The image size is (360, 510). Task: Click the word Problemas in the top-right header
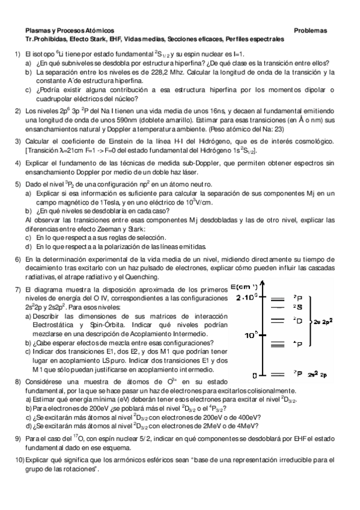[x=310, y=30]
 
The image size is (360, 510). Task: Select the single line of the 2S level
[x=277, y=307]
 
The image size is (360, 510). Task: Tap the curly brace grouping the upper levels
[x=310, y=322]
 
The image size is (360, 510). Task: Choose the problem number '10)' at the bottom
[x=19, y=460]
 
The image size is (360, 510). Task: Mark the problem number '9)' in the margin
[x=18, y=440]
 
